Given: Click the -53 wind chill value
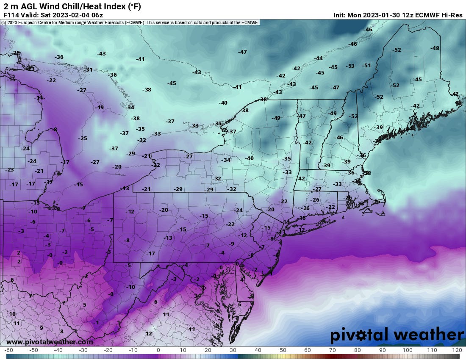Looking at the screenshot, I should (x=350, y=66).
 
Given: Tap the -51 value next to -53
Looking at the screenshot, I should (x=366, y=65).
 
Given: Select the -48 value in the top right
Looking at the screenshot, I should (x=435, y=48).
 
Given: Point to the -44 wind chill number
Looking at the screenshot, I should (x=318, y=58).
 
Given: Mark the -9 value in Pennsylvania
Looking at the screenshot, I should (x=231, y=244).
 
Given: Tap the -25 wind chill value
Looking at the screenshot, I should (x=83, y=138).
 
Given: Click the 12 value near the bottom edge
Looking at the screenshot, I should (x=149, y=333).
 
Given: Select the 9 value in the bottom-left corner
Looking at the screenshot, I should (x=42, y=328).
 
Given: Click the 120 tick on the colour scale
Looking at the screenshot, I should (x=457, y=350).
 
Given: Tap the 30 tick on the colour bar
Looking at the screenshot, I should (x=233, y=350).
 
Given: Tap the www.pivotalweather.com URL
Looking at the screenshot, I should (x=50, y=341).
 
